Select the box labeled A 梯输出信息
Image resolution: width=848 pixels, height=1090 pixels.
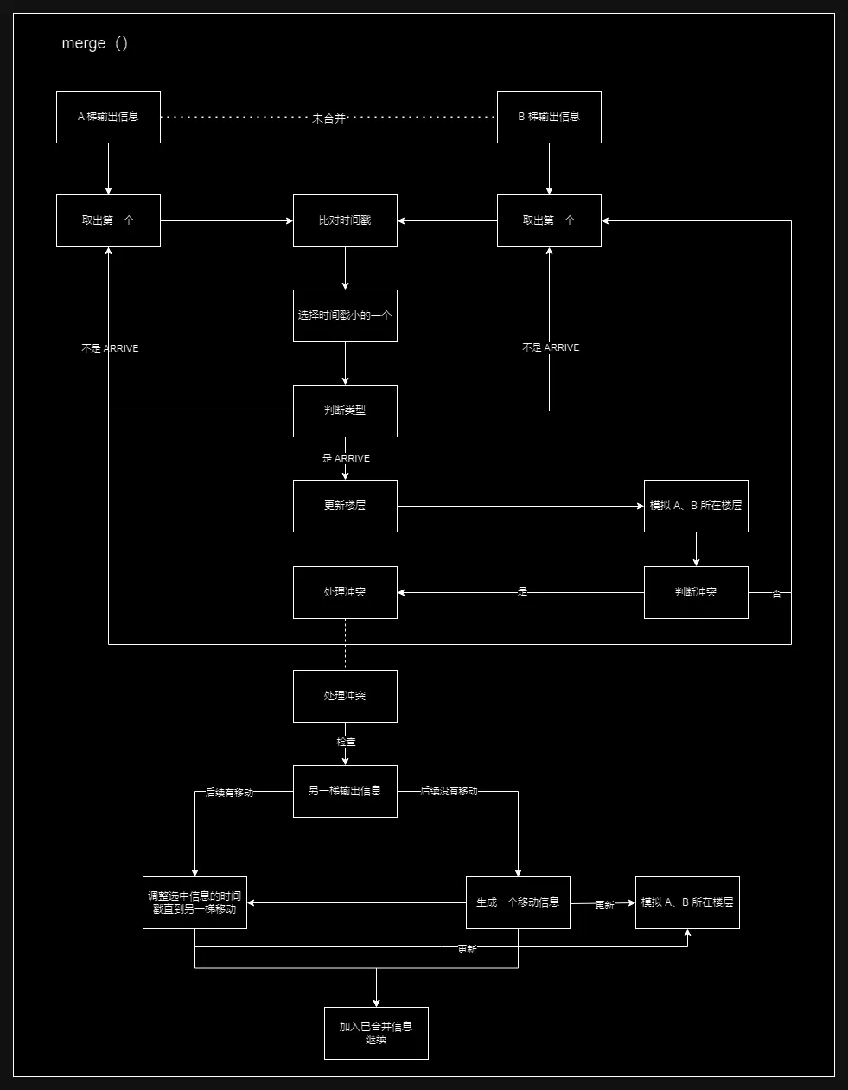point(108,117)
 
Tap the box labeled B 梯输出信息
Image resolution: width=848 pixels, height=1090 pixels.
point(549,117)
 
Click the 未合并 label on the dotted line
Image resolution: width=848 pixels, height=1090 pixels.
point(328,118)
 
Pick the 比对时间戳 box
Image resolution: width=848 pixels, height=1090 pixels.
point(345,220)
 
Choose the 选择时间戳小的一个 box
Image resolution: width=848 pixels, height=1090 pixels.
point(345,316)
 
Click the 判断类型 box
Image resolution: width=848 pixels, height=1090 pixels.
point(345,411)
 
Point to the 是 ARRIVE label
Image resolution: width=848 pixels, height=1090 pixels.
point(346,458)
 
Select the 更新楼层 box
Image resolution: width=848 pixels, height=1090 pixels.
point(345,506)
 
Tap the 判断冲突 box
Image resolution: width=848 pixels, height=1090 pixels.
point(696,592)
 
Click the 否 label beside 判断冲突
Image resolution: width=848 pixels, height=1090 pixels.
point(776,594)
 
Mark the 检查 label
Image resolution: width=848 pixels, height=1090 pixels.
point(346,742)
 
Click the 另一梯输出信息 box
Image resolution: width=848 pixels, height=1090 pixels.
point(345,791)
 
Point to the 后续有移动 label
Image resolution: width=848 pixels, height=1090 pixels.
point(229,792)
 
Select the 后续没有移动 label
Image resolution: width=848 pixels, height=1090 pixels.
point(449,791)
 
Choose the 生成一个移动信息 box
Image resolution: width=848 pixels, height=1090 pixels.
point(518,902)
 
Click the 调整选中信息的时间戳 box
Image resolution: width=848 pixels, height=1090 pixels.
point(194,902)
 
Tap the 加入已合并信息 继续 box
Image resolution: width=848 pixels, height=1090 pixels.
point(376,1033)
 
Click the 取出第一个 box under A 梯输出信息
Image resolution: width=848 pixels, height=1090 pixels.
point(108,220)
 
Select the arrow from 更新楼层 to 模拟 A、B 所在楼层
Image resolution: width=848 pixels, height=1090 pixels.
point(519,506)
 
